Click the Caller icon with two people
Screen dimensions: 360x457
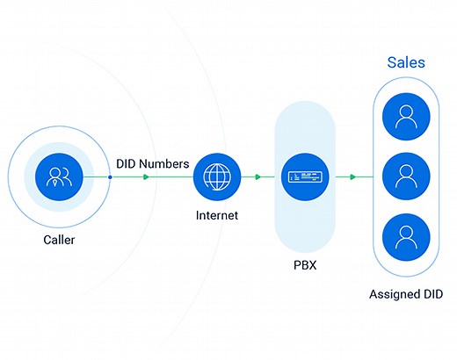pos(60,177)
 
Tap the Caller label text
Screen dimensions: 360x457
pos(60,240)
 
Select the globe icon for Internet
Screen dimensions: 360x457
pos(216,176)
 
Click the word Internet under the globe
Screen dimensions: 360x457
pos(216,214)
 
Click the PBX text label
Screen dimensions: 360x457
pos(304,263)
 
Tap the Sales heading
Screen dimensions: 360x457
pos(406,63)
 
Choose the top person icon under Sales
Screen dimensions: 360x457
pos(406,117)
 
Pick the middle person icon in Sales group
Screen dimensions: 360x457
pos(406,176)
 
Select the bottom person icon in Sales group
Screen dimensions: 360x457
pos(406,236)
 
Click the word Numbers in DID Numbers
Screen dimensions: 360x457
pos(165,162)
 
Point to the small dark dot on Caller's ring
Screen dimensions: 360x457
pos(110,177)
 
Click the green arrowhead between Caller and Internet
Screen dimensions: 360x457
pos(146,177)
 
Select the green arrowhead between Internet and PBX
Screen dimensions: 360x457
pos(258,177)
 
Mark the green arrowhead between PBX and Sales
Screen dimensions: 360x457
pos(352,177)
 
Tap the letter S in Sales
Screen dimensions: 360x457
pos(392,63)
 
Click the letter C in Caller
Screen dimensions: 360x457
pos(47,240)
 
